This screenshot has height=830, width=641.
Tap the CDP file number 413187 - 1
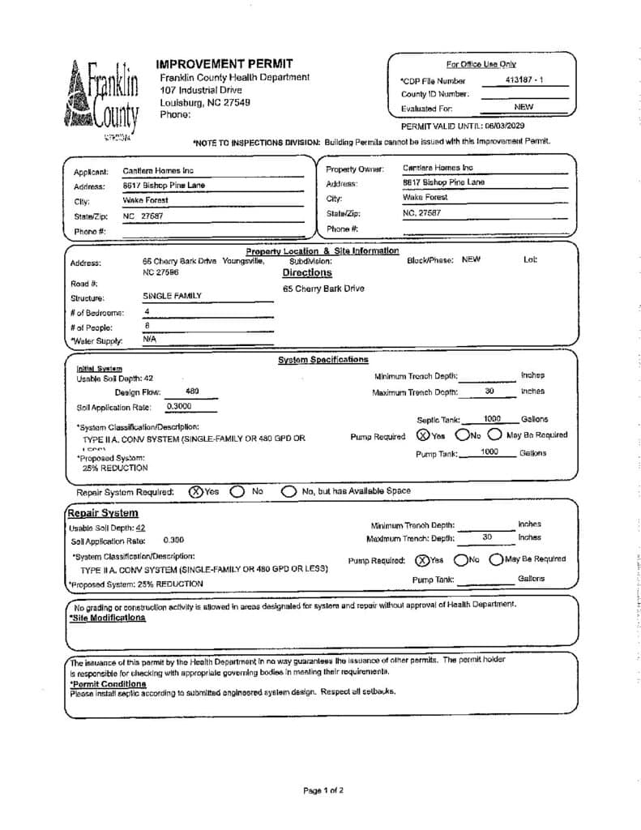coord(524,80)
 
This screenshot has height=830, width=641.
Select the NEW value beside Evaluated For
coord(523,107)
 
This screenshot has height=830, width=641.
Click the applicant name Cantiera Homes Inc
coord(158,171)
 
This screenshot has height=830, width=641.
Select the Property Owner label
coord(349,169)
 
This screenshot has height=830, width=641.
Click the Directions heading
coord(307,273)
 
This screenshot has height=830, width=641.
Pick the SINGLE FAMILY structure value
coord(173,297)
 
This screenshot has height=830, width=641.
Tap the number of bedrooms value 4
coord(147,311)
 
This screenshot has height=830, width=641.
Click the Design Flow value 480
coord(193,391)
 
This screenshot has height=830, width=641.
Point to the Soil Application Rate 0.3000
coord(179,406)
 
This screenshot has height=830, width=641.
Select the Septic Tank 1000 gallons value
coord(492,419)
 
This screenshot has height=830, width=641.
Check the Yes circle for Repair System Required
coord(195,491)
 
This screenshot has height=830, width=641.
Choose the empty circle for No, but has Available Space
coord(288,491)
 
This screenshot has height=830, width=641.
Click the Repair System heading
coord(102,513)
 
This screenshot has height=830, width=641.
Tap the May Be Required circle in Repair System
coord(496,559)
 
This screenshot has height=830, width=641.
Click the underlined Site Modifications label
coord(108,618)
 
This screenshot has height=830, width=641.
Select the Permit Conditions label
coord(108,684)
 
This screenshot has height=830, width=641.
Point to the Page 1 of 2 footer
coord(323,789)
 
